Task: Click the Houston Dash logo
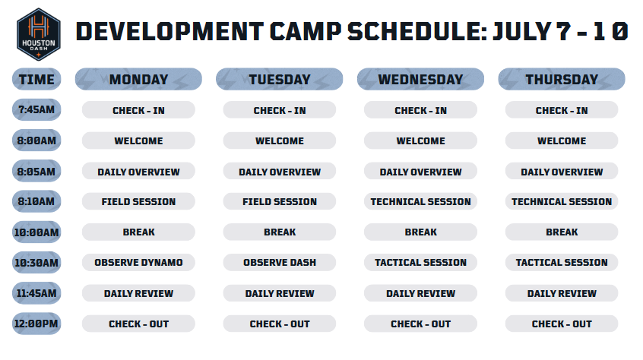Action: pyautogui.click(x=39, y=34)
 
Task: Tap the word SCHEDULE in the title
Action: pyautogui.click(x=417, y=32)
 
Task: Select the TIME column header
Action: pyautogui.click(x=36, y=79)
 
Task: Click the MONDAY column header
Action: pyautogui.click(x=138, y=79)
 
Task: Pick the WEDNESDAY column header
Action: pyautogui.click(x=421, y=79)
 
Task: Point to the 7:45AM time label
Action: pyautogui.click(x=36, y=110)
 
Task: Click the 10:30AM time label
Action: pyautogui.click(x=36, y=263)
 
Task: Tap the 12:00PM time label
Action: pyautogui.click(x=36, y=324)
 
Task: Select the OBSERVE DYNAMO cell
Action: pyautogui.click(x=138, y=263)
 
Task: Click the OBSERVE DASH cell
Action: pyautogui.click(x=280, y=263)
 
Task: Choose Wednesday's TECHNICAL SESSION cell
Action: pyautogui.click(x=421, y=201)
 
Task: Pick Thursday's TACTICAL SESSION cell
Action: pyautogui.click(x=562, y=263)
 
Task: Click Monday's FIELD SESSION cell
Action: pyautogui.click(x=138, y=201)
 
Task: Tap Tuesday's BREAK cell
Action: pyautogui.click(x=280, y=232)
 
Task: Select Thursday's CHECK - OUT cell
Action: pyautogui.click(x=562, y=324)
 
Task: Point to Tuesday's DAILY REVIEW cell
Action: pyautogui.click(x=280, y=293)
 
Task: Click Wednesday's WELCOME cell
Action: pyautogui.click(x=421, y=141)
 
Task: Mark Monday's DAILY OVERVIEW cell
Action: pyautogui.click(x=138, y=171)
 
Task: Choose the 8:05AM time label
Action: pyautogui.click(x=36, y=171)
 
